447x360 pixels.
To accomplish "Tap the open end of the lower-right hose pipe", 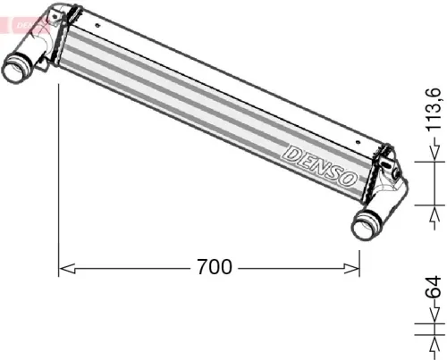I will click(x=364, y=226).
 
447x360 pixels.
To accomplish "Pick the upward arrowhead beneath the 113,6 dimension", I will click(x=435, y=213).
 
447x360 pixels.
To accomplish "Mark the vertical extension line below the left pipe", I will click(x=59, y=179).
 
